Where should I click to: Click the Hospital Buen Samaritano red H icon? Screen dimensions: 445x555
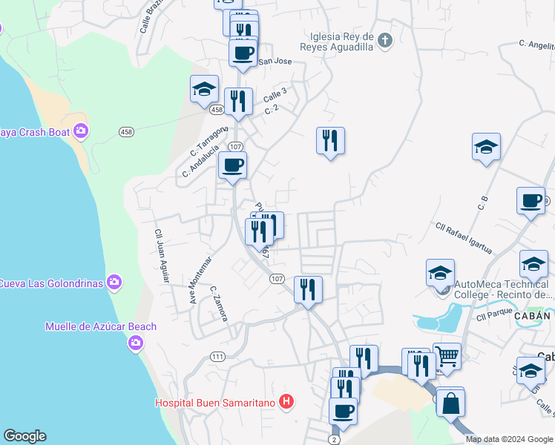point(287,403)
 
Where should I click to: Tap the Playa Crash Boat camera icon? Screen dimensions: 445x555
point(81,132)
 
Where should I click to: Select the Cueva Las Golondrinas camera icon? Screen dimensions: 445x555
point(114,282)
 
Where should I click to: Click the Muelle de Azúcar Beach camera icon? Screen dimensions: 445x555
point(135,342)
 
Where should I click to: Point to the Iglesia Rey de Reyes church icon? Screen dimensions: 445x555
point(384,40)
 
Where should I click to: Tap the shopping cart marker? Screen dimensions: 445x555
point(447,357)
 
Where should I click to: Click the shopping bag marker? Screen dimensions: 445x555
point(450,403)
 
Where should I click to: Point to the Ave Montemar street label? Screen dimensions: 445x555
point(200,280)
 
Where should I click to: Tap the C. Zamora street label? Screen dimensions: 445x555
point(217,304)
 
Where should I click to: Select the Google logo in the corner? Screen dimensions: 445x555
point(24,436)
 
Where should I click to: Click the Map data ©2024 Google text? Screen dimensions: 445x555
point(509,439)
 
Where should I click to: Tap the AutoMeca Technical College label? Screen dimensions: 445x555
point(505,289)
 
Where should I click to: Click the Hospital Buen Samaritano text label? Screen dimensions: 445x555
point(215,403)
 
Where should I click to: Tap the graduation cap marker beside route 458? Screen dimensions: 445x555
point(204,90)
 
